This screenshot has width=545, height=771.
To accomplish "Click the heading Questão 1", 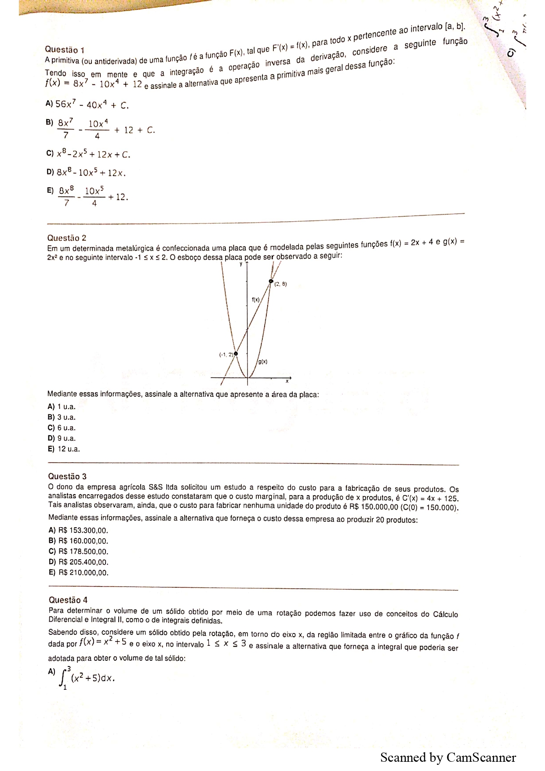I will (x=65, y=50).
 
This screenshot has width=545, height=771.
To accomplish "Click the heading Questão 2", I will (x=67, y=238).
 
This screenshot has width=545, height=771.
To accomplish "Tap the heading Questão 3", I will (x=67, y=476).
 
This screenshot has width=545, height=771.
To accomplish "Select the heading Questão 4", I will (x=68, y=600).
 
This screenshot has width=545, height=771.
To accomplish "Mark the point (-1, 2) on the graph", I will (x=236, y=354).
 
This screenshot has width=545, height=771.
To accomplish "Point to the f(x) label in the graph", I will (x=255, y=300).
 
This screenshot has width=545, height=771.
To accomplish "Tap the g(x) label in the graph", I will (x=263, y=362).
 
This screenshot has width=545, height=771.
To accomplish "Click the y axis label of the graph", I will (x=241, y=264).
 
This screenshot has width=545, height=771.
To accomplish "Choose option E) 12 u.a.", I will (x=64, y=449).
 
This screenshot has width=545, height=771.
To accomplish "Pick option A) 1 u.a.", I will (x=62, y=407).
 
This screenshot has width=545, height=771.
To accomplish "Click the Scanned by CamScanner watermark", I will (x=448, y=757).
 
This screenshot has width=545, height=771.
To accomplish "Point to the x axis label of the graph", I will (x=287, y=381).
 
